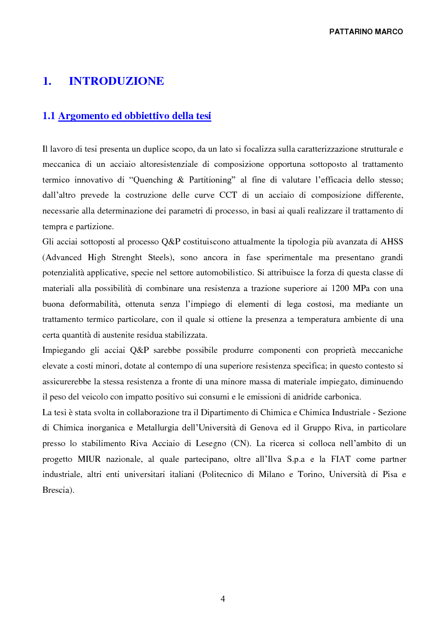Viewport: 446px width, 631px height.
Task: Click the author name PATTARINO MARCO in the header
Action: click(366, 32)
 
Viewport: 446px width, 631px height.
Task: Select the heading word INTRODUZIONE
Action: click(116, 81)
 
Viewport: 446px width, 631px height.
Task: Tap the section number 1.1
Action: click(49, 116)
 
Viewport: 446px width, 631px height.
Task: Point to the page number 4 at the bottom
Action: click(223, 599)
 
